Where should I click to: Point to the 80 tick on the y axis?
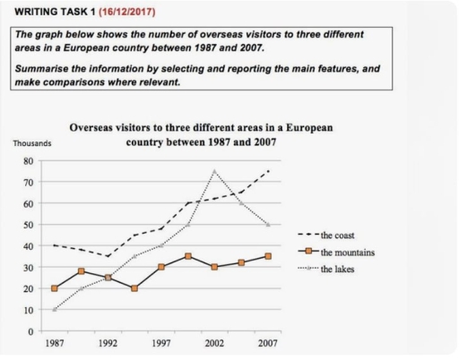click(28, 161)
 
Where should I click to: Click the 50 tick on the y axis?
click(28, 225)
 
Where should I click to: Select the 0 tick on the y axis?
click(30, 331)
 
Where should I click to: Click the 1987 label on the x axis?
click(55, 343)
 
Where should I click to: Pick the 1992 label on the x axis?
click(108, 343)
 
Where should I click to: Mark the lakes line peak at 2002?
click(214, 170)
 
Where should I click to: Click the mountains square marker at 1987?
click(55, 288)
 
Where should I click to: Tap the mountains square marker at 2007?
click(267, 256)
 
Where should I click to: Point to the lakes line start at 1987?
click(55, 310)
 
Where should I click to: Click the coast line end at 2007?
click(267, 170)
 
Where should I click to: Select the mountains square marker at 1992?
click(108, 278)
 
